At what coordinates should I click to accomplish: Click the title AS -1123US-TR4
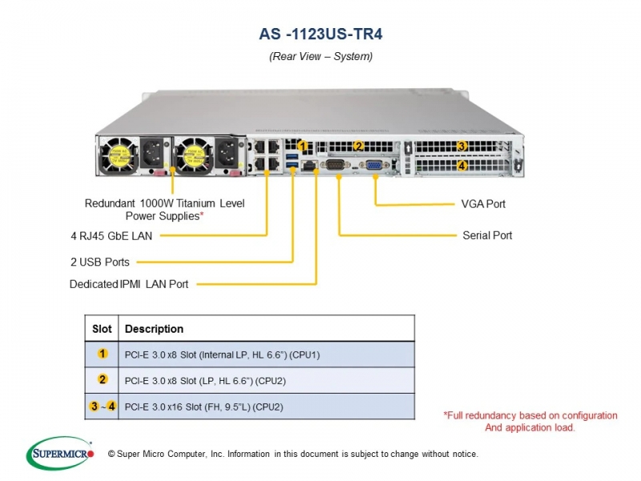pos(321,34)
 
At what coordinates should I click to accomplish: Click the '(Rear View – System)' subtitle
pos(321,56)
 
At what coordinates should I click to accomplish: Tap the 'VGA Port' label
pos(483,204)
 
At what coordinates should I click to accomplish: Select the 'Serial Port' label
pos(487,235)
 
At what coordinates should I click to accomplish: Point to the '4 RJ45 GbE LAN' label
pos(111,236)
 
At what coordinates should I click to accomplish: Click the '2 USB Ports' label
pos(99,262)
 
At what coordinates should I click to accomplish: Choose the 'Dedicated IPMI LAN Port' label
pos(129,284)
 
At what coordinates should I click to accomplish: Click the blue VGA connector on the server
pos(373,165)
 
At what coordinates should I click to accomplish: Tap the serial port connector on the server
pos(335,164)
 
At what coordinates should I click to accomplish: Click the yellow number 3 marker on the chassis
pos(462,146)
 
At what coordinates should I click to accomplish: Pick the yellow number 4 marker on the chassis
pos(462,166)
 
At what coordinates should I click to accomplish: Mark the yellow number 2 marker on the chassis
pos(358,146)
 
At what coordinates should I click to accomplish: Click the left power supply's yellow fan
pos(119,156)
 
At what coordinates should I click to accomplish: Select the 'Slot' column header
pos(102,329)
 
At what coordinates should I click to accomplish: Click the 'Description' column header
pos(154,329)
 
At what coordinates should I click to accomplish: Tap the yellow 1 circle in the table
pos(103,354)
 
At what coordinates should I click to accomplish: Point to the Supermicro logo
pos(60,453)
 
